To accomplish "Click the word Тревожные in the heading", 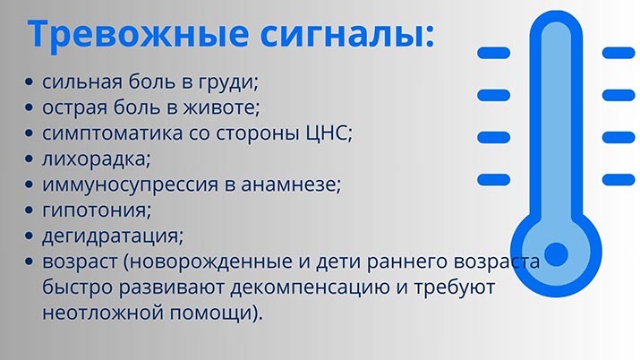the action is [138, 33].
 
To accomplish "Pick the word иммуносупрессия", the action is [131, 184].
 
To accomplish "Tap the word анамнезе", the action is [287, 184].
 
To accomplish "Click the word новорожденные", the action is [211, 262].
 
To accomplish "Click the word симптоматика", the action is [113, 133].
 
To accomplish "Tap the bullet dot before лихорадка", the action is [29, 159].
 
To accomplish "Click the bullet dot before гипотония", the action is [29, 210].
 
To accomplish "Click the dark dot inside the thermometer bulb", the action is [556, 253].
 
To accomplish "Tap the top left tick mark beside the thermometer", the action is [494, 53].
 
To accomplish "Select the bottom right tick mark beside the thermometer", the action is [619, 180].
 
